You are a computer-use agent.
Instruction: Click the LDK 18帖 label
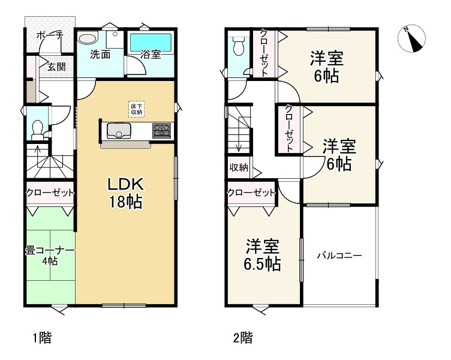coord(126,193)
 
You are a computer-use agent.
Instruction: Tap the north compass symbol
coord(411,38)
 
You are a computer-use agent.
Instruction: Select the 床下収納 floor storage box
coord(136,109)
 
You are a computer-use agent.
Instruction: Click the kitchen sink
coord(119,130)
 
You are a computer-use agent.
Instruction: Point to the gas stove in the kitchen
coord(162,130)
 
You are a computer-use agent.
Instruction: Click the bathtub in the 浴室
coord(151,43)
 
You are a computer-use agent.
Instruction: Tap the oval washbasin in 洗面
coord(88,39)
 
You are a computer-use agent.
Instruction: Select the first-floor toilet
coord(37,130)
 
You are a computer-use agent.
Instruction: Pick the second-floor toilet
coord(239,46)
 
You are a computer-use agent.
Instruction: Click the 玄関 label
coord(56,67)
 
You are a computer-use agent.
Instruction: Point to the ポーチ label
coord(50,35)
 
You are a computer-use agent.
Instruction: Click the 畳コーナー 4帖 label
coord(50,256)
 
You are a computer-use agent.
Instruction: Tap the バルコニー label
coord(339,256)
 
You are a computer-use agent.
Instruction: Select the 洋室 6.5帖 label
coord(262,254)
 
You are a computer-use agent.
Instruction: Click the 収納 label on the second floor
coord(239,167)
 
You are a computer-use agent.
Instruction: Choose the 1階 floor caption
coord(42,338)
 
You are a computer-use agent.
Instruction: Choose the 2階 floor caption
coord(243,338)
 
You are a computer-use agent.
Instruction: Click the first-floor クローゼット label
coord(50,192)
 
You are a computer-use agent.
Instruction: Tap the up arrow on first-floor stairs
coord(37,157)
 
